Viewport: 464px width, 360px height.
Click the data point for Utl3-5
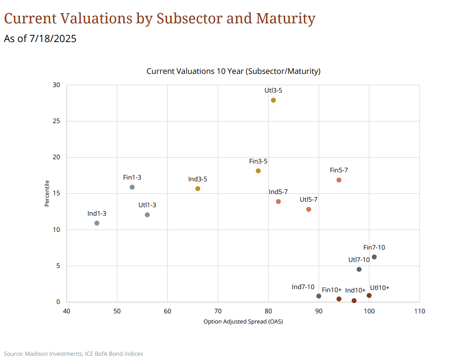click(273, 100)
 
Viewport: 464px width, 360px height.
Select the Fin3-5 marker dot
click(258, 171)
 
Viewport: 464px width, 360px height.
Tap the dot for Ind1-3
click(97, 223)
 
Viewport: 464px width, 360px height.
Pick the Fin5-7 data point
click(339, 180)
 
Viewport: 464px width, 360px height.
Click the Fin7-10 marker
click(374, 257)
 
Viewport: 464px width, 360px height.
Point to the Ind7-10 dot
click(319, 296)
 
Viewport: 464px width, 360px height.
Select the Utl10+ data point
click(369, 295)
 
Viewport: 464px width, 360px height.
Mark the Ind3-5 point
click(198, 188)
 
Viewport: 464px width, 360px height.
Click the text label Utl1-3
click(147, 205)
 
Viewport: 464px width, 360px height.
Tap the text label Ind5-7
click(278, 192)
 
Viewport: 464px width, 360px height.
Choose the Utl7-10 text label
click(359, 259)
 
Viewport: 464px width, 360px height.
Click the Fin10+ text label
click(332, 290)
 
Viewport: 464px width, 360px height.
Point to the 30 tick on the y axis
click(57, 85)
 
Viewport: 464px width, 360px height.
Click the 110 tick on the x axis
click(419, 311)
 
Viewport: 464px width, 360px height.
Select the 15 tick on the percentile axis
click(57, 194)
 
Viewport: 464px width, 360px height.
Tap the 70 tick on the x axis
click(218, 311)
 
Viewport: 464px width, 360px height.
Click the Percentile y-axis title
click(47, 194)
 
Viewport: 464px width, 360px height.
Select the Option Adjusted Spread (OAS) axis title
click(243, 321)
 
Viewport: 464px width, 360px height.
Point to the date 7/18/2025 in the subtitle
click(53, 39)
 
